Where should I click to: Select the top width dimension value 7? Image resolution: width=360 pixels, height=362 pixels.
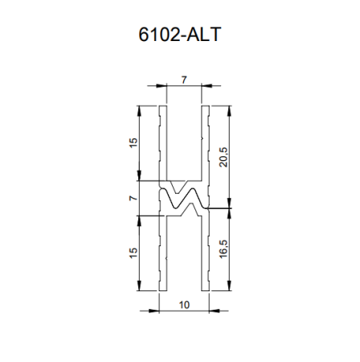184,79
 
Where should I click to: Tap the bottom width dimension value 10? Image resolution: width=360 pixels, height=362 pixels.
184,305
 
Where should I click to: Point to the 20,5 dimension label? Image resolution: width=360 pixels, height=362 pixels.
223,155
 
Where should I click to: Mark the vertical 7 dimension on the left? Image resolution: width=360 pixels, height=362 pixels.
133,197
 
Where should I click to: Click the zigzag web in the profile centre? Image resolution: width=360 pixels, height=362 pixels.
183,199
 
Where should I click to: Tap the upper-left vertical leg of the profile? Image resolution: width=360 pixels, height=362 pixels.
162,145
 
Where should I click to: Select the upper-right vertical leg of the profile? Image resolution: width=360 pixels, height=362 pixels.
205,145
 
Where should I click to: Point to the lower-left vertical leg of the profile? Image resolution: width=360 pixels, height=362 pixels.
162,253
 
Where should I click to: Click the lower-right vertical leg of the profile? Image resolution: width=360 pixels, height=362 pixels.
205,253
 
